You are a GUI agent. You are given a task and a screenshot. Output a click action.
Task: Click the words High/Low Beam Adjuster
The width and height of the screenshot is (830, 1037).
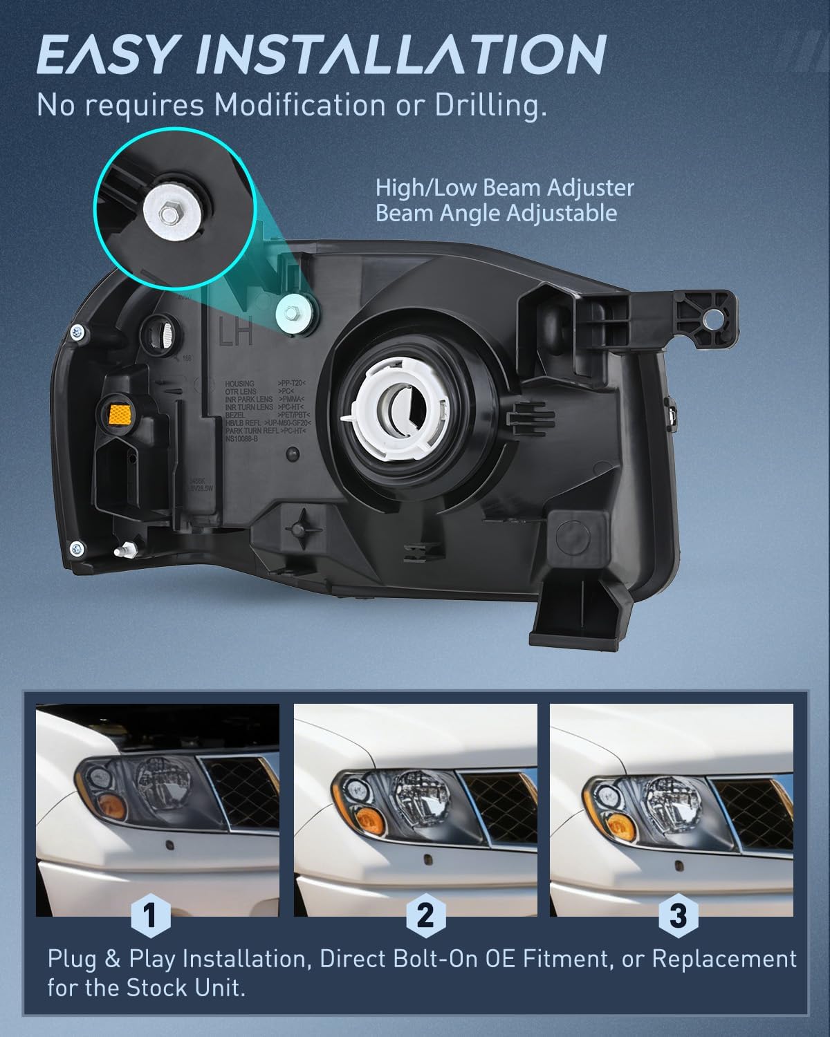(x=504, y=187)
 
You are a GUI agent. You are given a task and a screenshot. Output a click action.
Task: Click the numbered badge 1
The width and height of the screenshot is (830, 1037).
(x=150, y=915)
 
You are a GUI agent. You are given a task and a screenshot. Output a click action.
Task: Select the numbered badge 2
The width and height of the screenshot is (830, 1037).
(x=425, y=915)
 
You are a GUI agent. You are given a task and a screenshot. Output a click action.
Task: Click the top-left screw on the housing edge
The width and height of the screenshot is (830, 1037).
(x=78, y=333)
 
